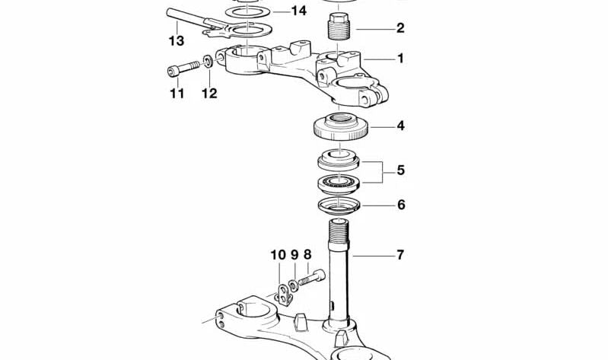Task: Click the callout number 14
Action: point(298,11)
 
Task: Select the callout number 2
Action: point(400,28)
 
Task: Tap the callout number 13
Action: point(177,40)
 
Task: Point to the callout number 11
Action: point(177,93)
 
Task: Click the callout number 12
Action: point(209,93)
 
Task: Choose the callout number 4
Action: point(400,126)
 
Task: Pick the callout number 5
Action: point(400,170)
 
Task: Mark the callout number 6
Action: point(401,205)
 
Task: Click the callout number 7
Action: point(400,255)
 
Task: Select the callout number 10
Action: point(278,255)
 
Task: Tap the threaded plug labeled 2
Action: point(339,27)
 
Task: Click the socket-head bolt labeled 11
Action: point(183,68)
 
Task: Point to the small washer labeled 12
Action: point(208,62)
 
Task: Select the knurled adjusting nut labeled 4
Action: point(340,128)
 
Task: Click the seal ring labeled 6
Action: point(339,205)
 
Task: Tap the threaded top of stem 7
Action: point(339,231)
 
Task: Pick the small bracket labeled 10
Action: point(285,295)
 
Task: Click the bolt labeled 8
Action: point(311,278)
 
